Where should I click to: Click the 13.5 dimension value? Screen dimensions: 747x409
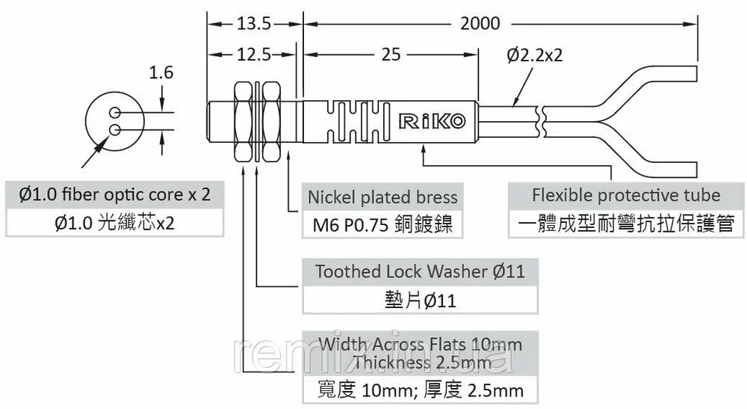(254, 23)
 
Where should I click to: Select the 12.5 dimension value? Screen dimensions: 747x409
(254, 55)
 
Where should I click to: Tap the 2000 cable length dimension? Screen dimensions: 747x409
(480, 23)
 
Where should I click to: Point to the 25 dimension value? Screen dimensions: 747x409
(391, 55)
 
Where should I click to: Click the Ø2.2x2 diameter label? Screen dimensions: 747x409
(535, 55)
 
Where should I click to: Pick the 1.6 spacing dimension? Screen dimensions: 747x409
(161, 73)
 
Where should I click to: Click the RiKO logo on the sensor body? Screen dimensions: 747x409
(432, 121)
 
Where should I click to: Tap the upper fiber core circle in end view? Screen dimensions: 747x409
(115, 112)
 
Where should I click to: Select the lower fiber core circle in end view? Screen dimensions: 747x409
(115, 129)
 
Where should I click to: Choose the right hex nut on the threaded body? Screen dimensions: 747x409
(272, 122)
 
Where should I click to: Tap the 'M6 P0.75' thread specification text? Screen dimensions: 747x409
(350, 225)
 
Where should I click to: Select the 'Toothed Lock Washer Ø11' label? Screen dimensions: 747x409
(420, 271)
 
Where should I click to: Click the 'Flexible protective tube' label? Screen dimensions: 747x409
(626, 195)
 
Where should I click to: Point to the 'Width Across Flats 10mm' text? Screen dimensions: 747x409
(420, 344)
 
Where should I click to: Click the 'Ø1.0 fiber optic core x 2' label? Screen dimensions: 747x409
(114, 194)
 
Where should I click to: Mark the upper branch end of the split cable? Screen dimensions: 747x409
(697, 76)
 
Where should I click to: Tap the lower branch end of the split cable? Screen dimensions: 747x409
(697, 169)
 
